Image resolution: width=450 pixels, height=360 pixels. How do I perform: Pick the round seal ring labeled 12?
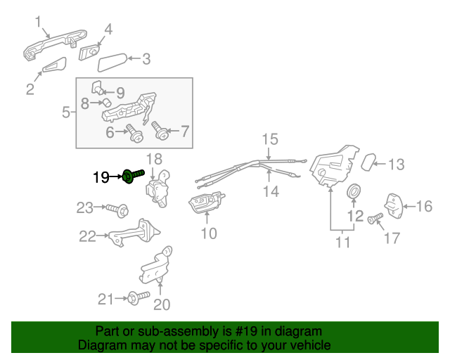click(x=355, y=191)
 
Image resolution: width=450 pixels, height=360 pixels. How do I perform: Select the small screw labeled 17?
click(x=373, y=219)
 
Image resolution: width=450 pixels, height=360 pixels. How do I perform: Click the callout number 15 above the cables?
click(x=270, y=139)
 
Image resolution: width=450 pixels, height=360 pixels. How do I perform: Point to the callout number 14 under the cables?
click(x=271, y=191)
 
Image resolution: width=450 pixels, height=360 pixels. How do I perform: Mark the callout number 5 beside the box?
click(x=65, y=112)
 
